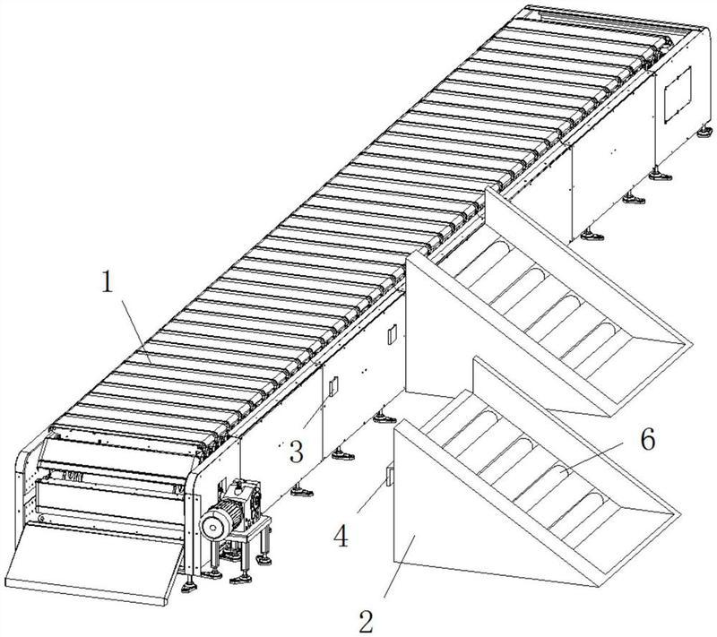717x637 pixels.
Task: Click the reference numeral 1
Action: tap(107, 282)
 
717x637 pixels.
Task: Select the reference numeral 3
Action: tap(297, 452)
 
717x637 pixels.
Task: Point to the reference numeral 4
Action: tap(341, 536)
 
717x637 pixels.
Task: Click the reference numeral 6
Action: tap(647, 440)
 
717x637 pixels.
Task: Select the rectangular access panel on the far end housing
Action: tap(678, 95)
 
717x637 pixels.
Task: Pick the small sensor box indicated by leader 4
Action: tap(389, 476)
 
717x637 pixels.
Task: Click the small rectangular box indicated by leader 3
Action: tap(333, 386)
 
